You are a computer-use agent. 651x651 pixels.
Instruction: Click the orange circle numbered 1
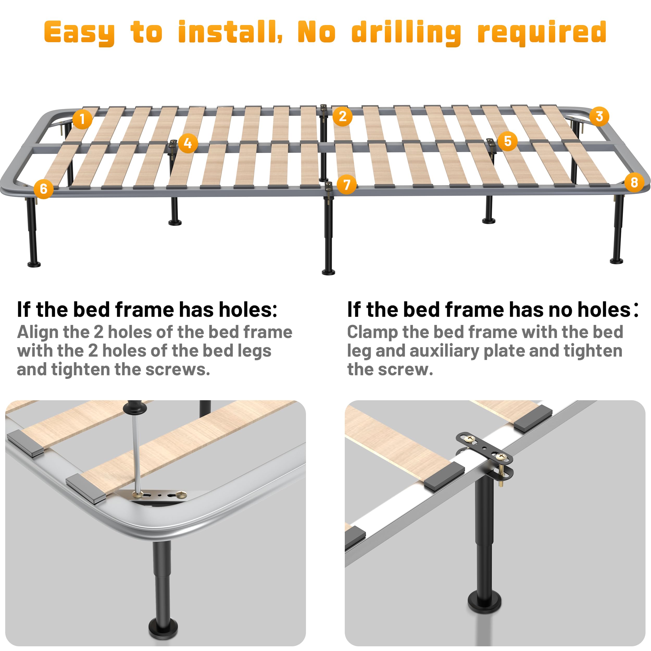82,119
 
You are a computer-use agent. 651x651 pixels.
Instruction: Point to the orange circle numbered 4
188,143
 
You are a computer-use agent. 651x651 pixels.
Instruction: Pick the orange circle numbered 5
508,141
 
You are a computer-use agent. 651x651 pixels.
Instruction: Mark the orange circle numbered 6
43,189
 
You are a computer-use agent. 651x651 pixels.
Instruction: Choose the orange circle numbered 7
346,184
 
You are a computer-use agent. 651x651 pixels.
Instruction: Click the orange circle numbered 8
634,182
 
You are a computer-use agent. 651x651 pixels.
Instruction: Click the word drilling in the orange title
406,33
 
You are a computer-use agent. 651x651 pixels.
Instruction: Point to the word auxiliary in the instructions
444,351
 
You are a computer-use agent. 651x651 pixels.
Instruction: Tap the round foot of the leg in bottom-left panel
163,629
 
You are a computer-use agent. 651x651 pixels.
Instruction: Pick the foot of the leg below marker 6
34,264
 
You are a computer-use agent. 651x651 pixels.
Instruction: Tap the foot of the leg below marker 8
616,260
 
